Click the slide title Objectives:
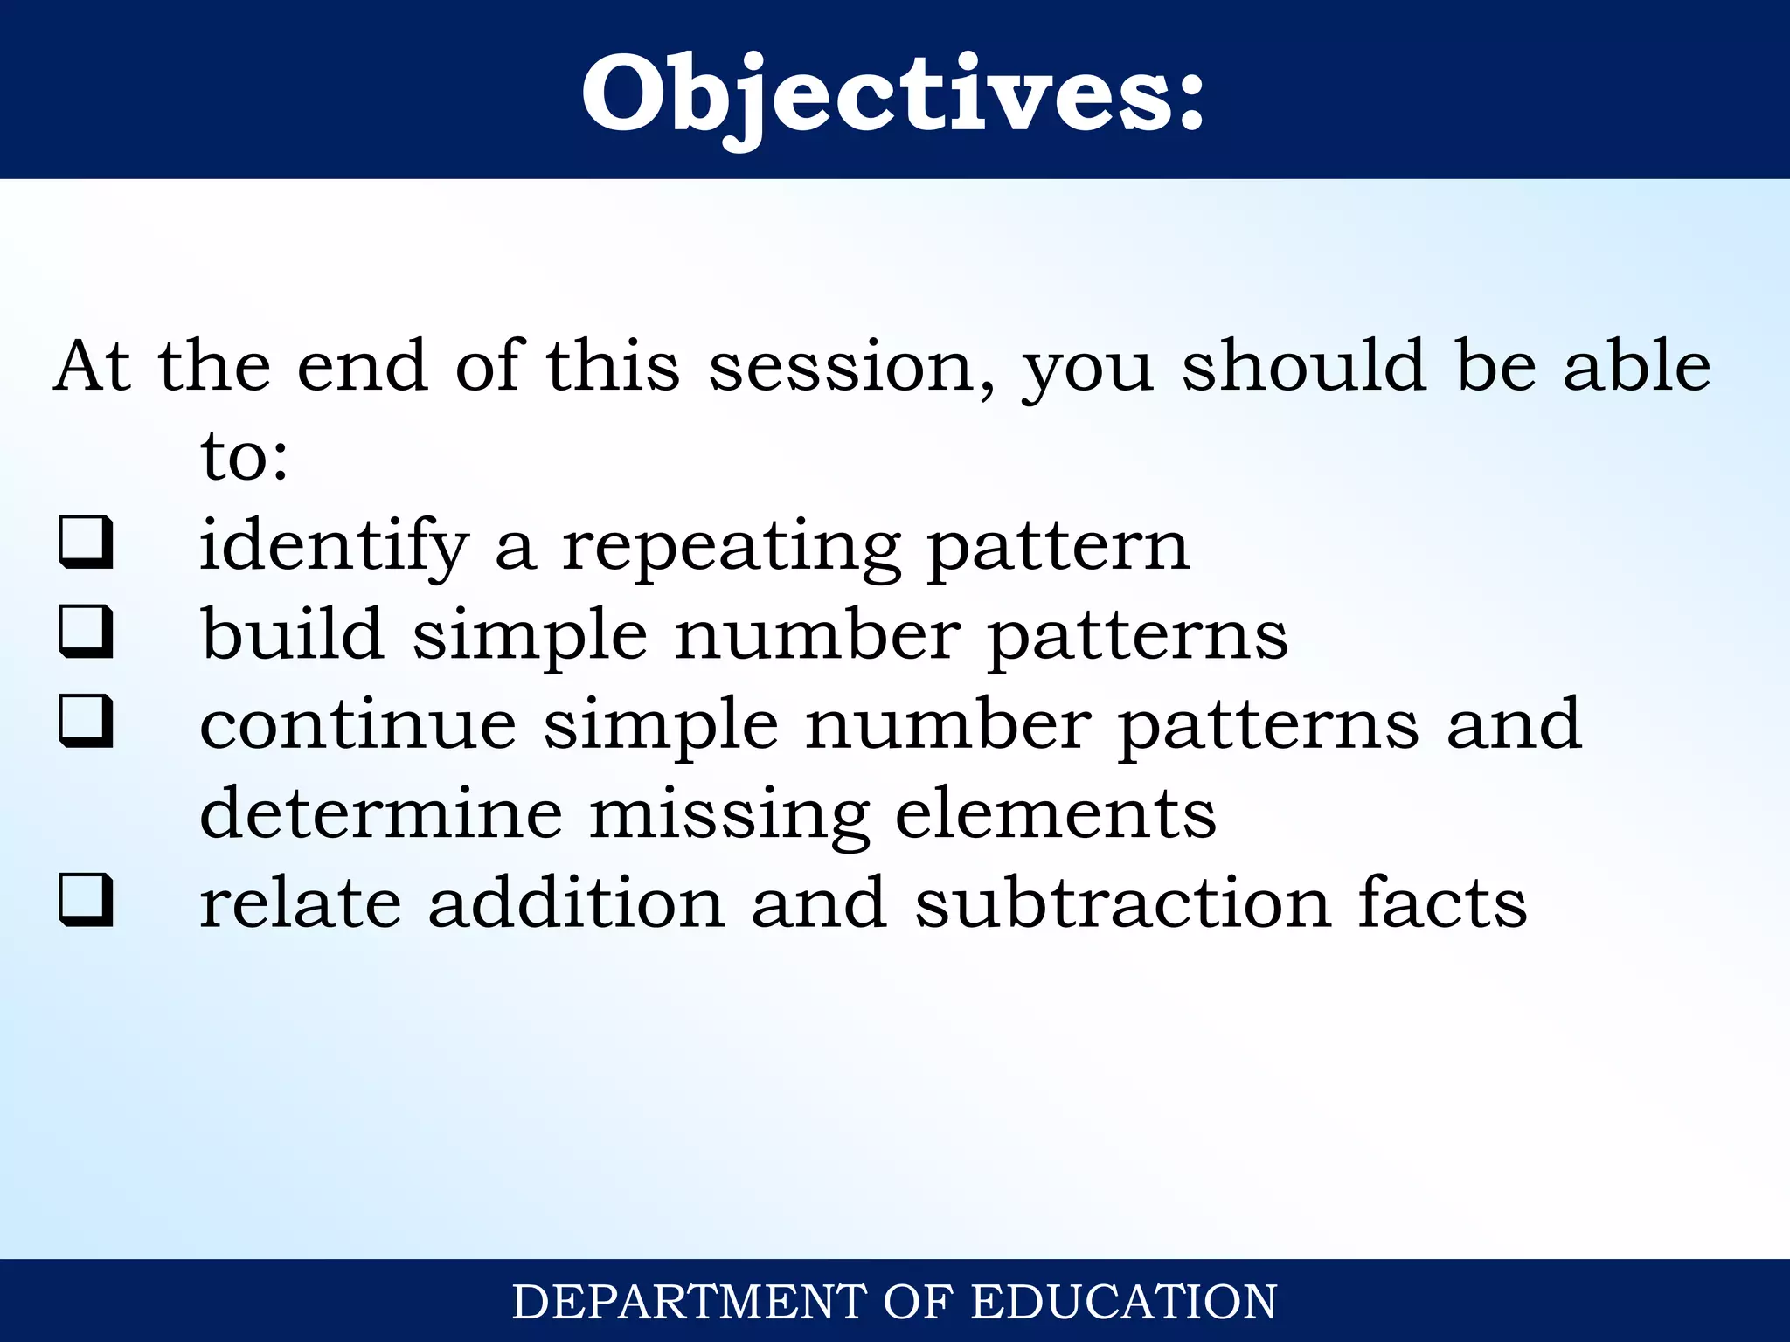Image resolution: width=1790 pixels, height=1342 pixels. tap(893, 94)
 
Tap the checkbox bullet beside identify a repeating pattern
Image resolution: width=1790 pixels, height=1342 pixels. tap(86, 543)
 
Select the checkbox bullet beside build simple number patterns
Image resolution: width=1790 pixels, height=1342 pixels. tap(86, 632)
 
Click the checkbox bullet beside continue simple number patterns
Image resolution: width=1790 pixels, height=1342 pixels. tap(86, 722)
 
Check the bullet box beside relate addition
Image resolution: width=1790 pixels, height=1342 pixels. tap(86, 901)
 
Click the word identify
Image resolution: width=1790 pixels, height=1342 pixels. tap(334, 546)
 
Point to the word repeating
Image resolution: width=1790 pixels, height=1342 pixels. tap(731, 546)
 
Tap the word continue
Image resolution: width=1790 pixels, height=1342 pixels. tap(357, 725)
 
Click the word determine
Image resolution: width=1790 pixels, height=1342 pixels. tap(381, 814)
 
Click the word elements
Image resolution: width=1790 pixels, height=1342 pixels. tap(1056, 814)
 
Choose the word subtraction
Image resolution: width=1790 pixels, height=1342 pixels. tap(1123, 903)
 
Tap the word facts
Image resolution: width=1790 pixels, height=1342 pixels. tap(1442, 903)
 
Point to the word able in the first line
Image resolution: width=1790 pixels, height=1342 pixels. tap(1636, 366)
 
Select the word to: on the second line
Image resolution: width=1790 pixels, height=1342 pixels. tap(244, 457)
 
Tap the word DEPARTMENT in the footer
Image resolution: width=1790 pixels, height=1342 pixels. tap(689, 1302)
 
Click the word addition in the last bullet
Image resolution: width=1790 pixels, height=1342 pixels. tap(576, 903)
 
